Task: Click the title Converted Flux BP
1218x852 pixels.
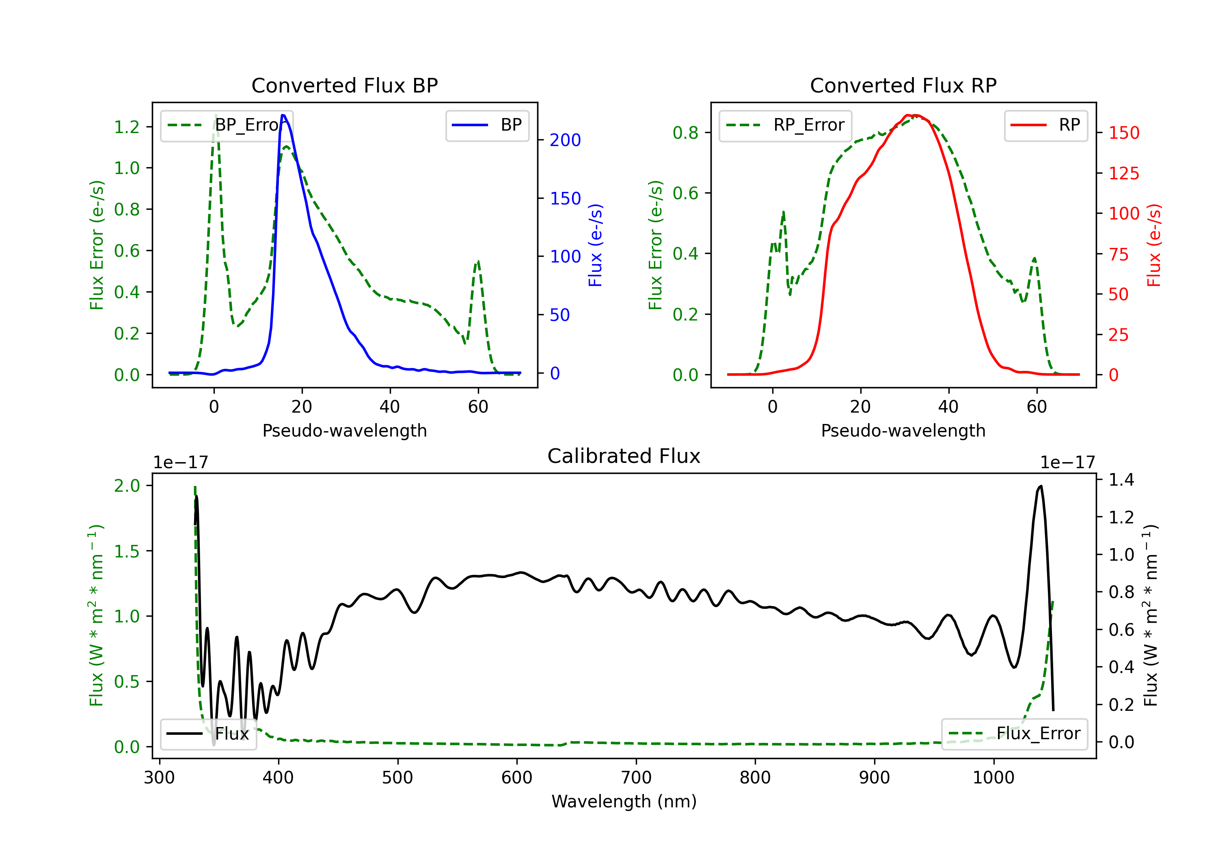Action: coord(344,85)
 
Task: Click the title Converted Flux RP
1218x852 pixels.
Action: coord(903,85)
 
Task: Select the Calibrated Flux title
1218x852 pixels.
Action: coord(624,456)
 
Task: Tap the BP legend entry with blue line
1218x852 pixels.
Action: coord(487,125)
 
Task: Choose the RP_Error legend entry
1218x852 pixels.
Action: coord(785,125)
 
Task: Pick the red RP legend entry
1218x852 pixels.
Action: coord(1045,125)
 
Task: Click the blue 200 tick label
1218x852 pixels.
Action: coord(565,140)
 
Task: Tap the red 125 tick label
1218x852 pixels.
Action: coord(1123,173)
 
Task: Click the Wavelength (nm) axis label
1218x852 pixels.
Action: coord(624,801)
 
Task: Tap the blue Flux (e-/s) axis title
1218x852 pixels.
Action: coord(595,245)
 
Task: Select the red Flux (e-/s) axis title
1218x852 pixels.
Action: coord(1154,245)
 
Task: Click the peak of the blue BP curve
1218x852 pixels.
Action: coord(283,115)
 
